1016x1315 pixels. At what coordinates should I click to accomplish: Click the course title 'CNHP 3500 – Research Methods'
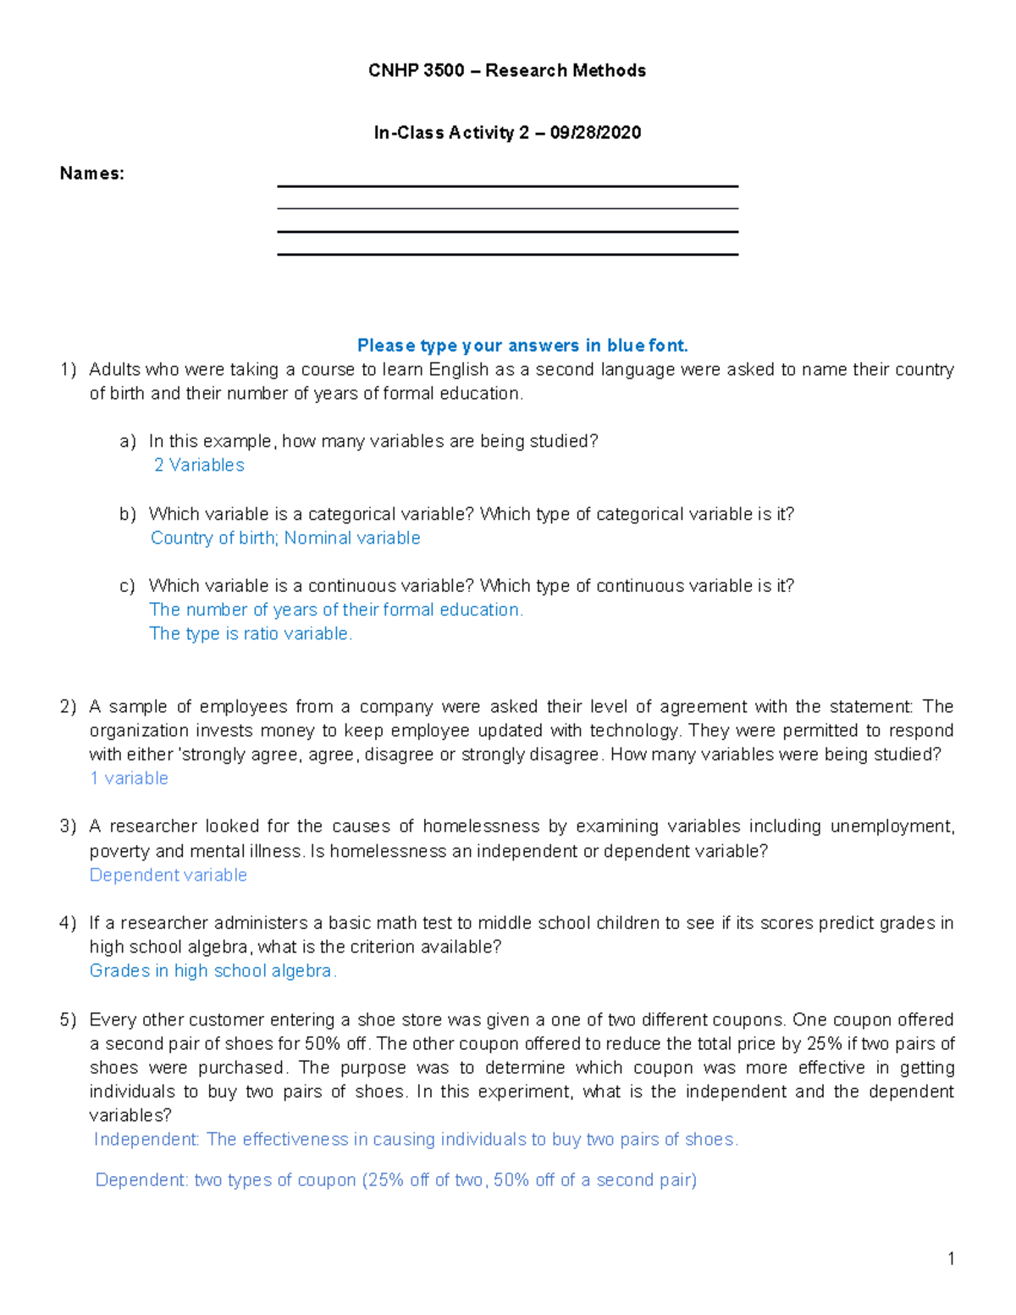click(x=506, y=70)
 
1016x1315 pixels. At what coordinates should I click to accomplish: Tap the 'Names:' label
click(x=91, y=174)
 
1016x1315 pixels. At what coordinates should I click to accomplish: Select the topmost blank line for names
click(x=507, y=186)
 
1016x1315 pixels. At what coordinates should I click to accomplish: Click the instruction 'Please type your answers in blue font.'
click(x=522, y=345)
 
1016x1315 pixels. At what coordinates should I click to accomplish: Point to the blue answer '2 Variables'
click(x=199, y=465)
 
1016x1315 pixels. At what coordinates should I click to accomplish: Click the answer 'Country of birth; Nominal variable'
click(x=285, y=538)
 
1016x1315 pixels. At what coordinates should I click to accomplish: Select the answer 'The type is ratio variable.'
click(x=251, y=633)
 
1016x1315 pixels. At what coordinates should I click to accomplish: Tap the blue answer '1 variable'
click(x=129, y=778)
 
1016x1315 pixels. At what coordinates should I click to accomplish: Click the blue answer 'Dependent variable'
click(x=168, y=875)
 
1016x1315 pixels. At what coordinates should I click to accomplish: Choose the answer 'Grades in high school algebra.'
click(x=213, y=970)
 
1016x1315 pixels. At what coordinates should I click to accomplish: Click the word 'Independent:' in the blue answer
click(x=146, y=1139)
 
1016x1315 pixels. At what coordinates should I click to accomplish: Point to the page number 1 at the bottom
click(x=951, y=1258)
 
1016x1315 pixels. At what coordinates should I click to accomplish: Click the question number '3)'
click(x=68, y=826)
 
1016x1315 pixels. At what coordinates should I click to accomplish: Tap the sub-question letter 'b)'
click(x=127, y=514)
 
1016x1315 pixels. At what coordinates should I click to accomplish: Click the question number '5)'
click(x=68, y=1019)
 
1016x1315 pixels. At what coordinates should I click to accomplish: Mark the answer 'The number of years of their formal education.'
click(x=336, y=610)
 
